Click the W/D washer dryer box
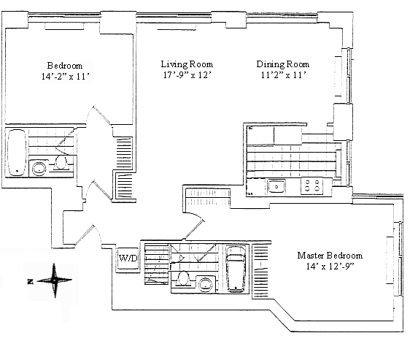(x=128, y=258)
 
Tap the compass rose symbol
(x=55, y=280)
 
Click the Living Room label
(x=187, y=64)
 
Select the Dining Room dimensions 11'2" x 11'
(x=283, y=75)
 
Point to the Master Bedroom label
(x=330, y=256)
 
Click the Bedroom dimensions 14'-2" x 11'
(x=65, y=77)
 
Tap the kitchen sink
(x=276, y=186)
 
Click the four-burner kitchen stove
(x=312, y=185)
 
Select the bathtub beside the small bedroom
(x=17, y=153)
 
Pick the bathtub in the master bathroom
(x=236, y=269)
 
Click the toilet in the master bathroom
(x=183, y=279)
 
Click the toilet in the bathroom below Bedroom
(x=61, y=163)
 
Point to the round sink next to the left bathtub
(x=39, y=169)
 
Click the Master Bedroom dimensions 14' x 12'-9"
(x=330, y=266)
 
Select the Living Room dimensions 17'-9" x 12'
(x=187, y=75)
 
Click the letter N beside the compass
(x=31, y=281)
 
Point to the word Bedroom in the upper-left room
(x=65, y=66)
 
